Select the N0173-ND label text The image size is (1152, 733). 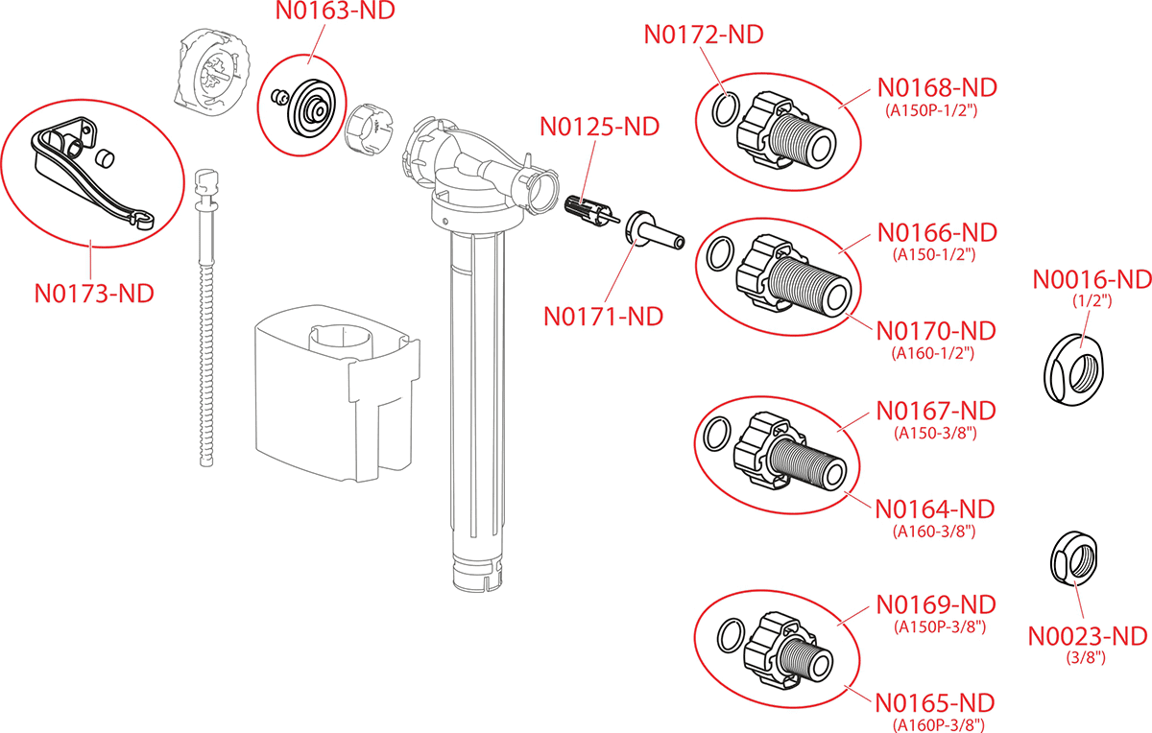tap(94, 293)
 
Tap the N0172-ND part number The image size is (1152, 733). tap(703, 35)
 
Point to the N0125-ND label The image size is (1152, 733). tap(600, 127)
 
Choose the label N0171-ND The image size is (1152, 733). tap(603, 316)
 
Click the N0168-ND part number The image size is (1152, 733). tap(937, 87)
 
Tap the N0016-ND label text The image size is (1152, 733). tap(1092, 279)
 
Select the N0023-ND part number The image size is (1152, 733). tap(1088, 636)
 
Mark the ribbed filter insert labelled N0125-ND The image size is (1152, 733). tap(587, 211)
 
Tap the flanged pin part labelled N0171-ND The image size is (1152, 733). tap(652, 233)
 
